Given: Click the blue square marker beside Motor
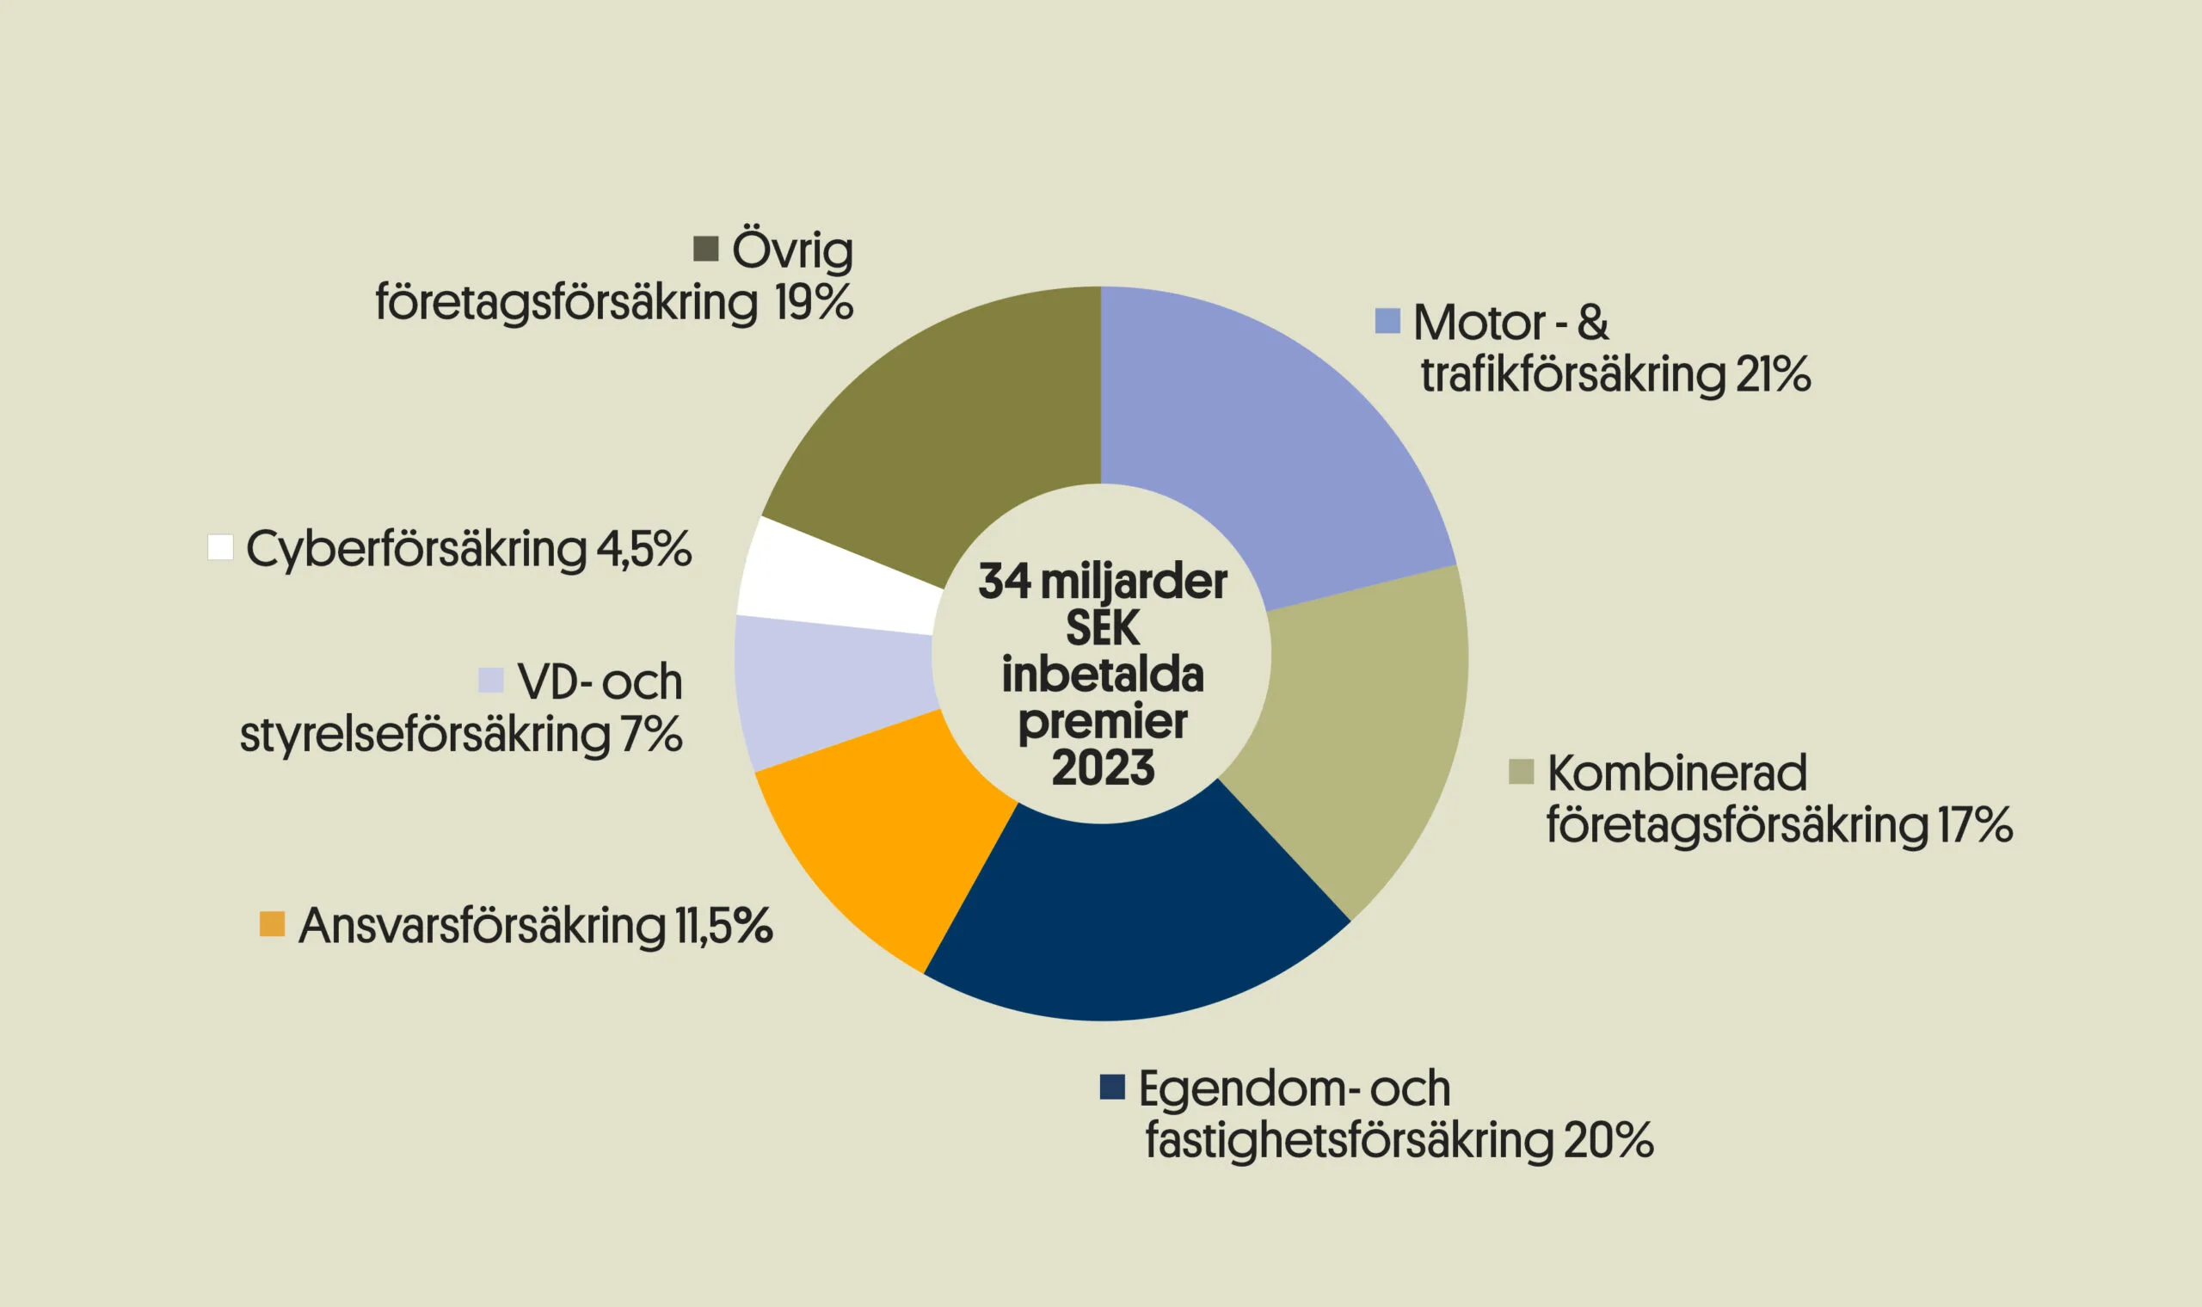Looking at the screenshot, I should [x=1387, y=321].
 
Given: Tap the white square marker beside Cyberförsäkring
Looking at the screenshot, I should [x=220, y=547].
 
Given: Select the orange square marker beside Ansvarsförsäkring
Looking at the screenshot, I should [x=272, y=924].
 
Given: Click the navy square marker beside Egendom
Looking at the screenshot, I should [x=1112, y=1087].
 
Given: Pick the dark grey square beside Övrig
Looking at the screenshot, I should [x=705, y=249].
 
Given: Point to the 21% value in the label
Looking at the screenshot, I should [x=1772, y=374].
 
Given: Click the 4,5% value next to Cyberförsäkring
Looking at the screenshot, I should [x=643, y=549].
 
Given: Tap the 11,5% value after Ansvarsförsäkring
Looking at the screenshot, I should [x=723, y=926].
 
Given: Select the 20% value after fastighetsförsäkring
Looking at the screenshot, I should [x=1608, y=1140].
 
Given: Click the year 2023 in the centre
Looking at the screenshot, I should [x=1103, y=768].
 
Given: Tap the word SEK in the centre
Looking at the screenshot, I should [x=1103, y=628].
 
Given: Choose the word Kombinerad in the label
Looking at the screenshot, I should [x=1676, y=773].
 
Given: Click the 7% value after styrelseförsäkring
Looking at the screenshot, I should [x=650, y=734].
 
